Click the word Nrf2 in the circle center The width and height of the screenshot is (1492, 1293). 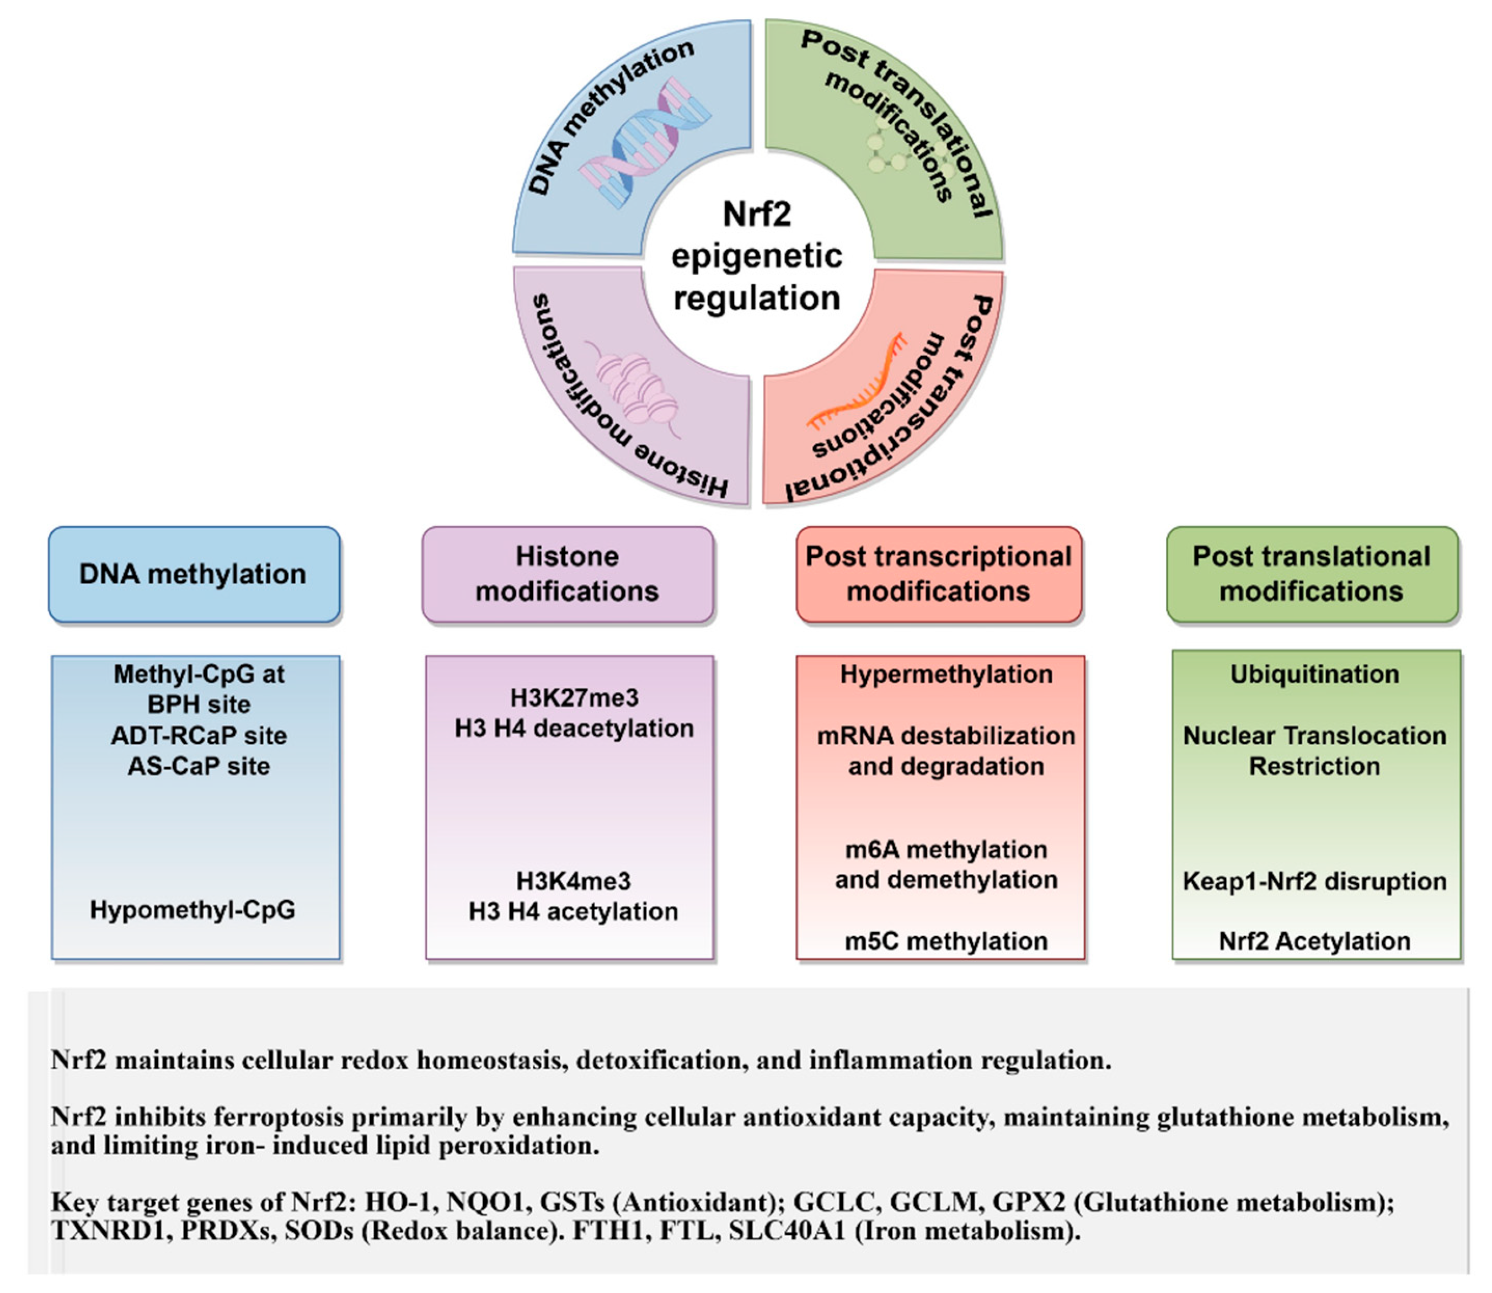pos(757,214)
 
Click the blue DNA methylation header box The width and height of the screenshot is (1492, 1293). pos(194,574)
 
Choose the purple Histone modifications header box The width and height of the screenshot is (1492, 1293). pos(567,574)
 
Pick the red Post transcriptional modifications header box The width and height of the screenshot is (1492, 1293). pos(939,574)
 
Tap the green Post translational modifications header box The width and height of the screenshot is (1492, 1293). pos(1312,574)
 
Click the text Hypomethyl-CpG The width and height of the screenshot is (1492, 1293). pos(192,910)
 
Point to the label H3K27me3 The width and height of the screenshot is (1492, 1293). pos(574,698)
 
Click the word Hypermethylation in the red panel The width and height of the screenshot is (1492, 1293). pos(946,674)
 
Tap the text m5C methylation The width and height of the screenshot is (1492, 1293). pos(946,941)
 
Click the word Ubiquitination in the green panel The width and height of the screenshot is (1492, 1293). pos(1314,674)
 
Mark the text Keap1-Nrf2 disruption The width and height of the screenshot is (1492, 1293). pos(1314,881)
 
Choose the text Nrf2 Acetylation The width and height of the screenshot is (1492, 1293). pos(1314,941)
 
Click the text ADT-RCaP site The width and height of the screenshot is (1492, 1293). pos(199,735)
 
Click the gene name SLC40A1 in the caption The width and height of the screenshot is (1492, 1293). pos(785,1230)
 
